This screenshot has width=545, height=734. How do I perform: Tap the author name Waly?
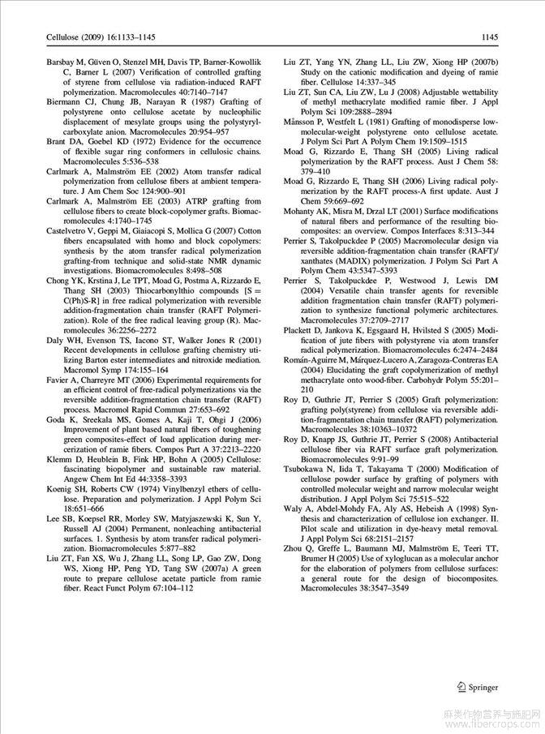tap(292, 508)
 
